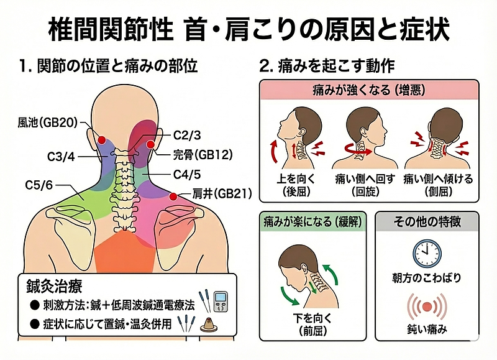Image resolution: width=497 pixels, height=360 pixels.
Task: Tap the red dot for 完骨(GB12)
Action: click(150, 145)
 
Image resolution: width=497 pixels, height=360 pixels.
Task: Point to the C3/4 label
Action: click(61, 157)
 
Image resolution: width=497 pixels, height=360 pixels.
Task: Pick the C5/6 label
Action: click(39, 185)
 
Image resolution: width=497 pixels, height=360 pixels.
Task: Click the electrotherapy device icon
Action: click(222, 301)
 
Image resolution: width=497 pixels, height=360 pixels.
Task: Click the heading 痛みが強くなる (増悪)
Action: click(369, 90)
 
